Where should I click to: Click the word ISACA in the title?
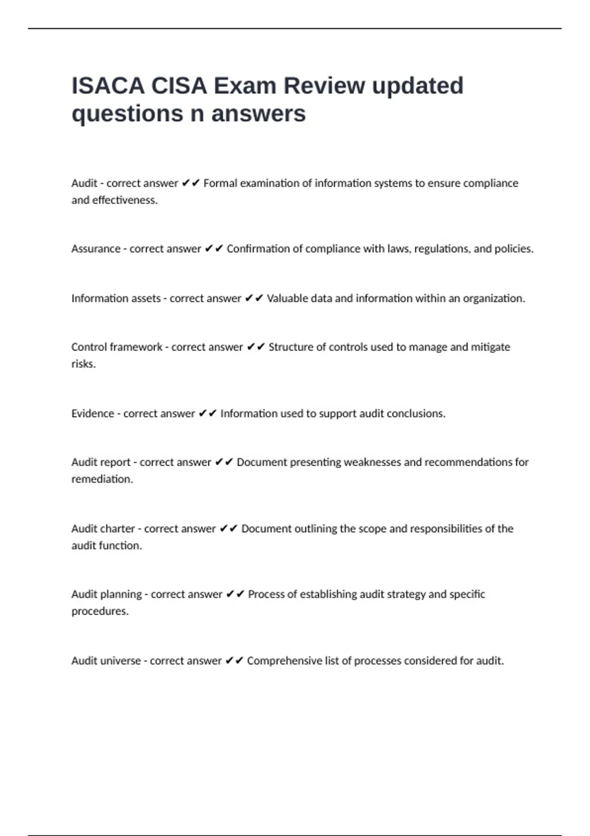108,86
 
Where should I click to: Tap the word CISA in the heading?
179,86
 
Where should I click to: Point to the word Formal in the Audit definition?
220,183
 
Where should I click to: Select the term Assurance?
96,249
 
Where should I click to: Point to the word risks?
83,364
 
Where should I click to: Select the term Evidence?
92,414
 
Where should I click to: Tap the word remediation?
102,479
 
